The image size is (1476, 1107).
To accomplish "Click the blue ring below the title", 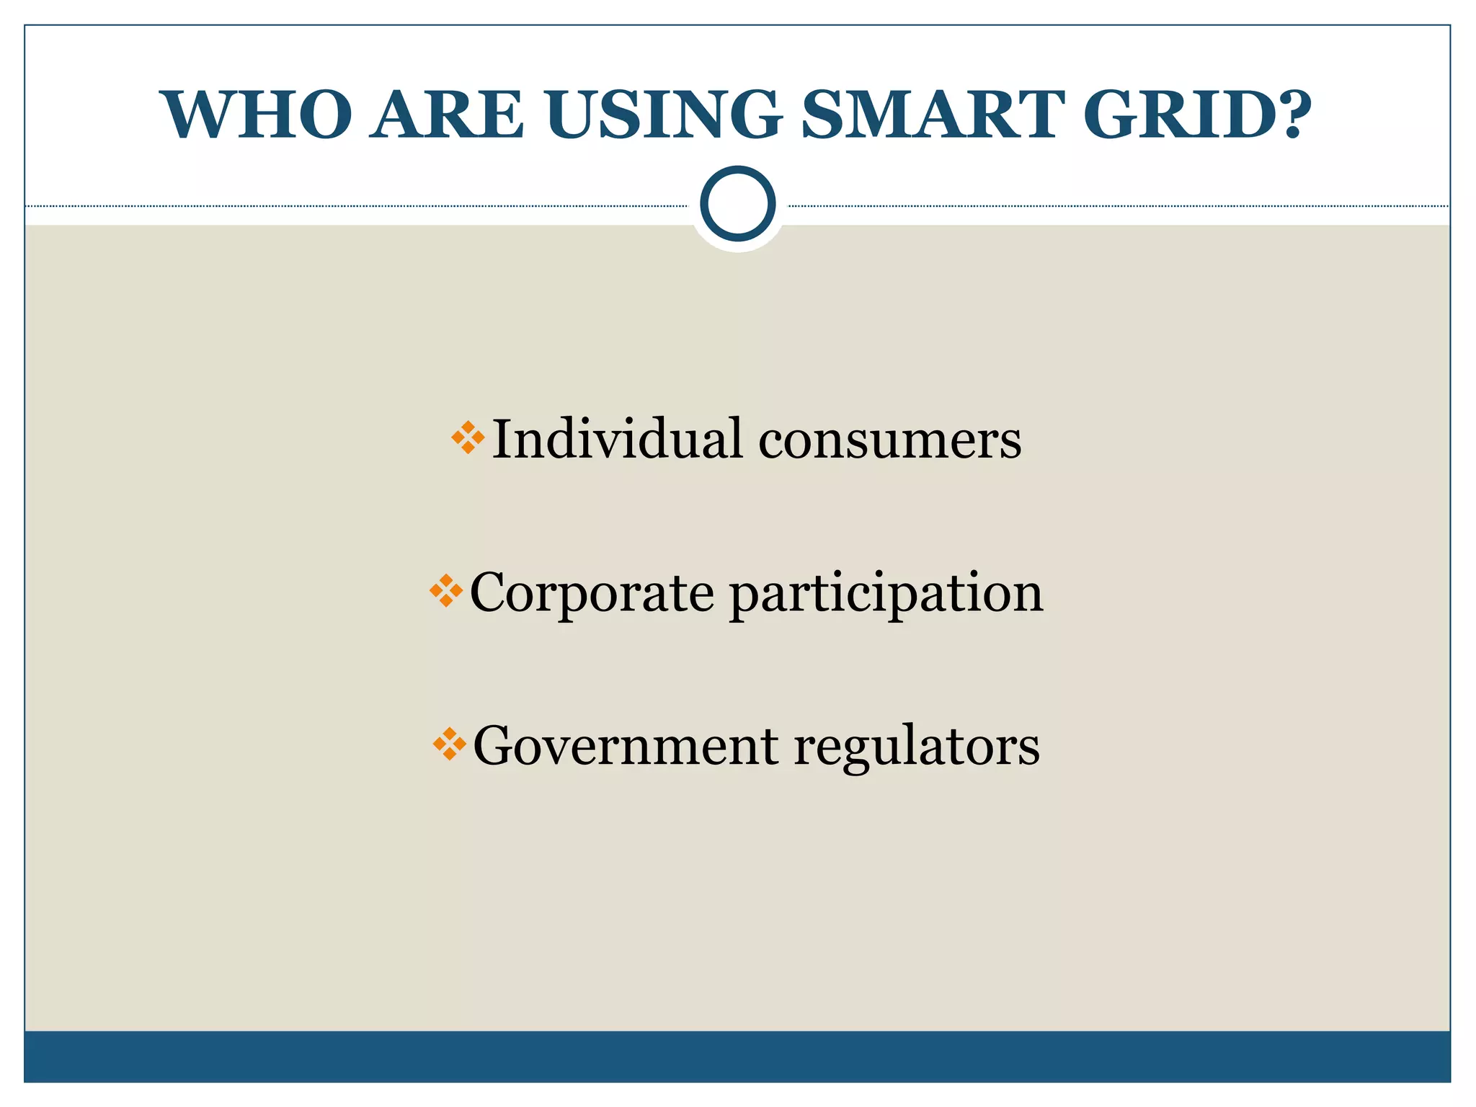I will [737, 204].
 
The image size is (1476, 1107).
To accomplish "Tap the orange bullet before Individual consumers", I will [468, 438].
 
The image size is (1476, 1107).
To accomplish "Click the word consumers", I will [889, 441].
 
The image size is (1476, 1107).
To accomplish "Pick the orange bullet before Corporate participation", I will [446, 591].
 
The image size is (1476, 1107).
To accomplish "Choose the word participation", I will [886, 594].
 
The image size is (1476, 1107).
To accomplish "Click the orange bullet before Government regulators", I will [450, 744].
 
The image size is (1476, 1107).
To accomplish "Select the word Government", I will [625, 745].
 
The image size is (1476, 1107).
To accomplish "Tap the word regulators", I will [917, 747].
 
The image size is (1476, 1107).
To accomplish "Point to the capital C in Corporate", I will [489, 592].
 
